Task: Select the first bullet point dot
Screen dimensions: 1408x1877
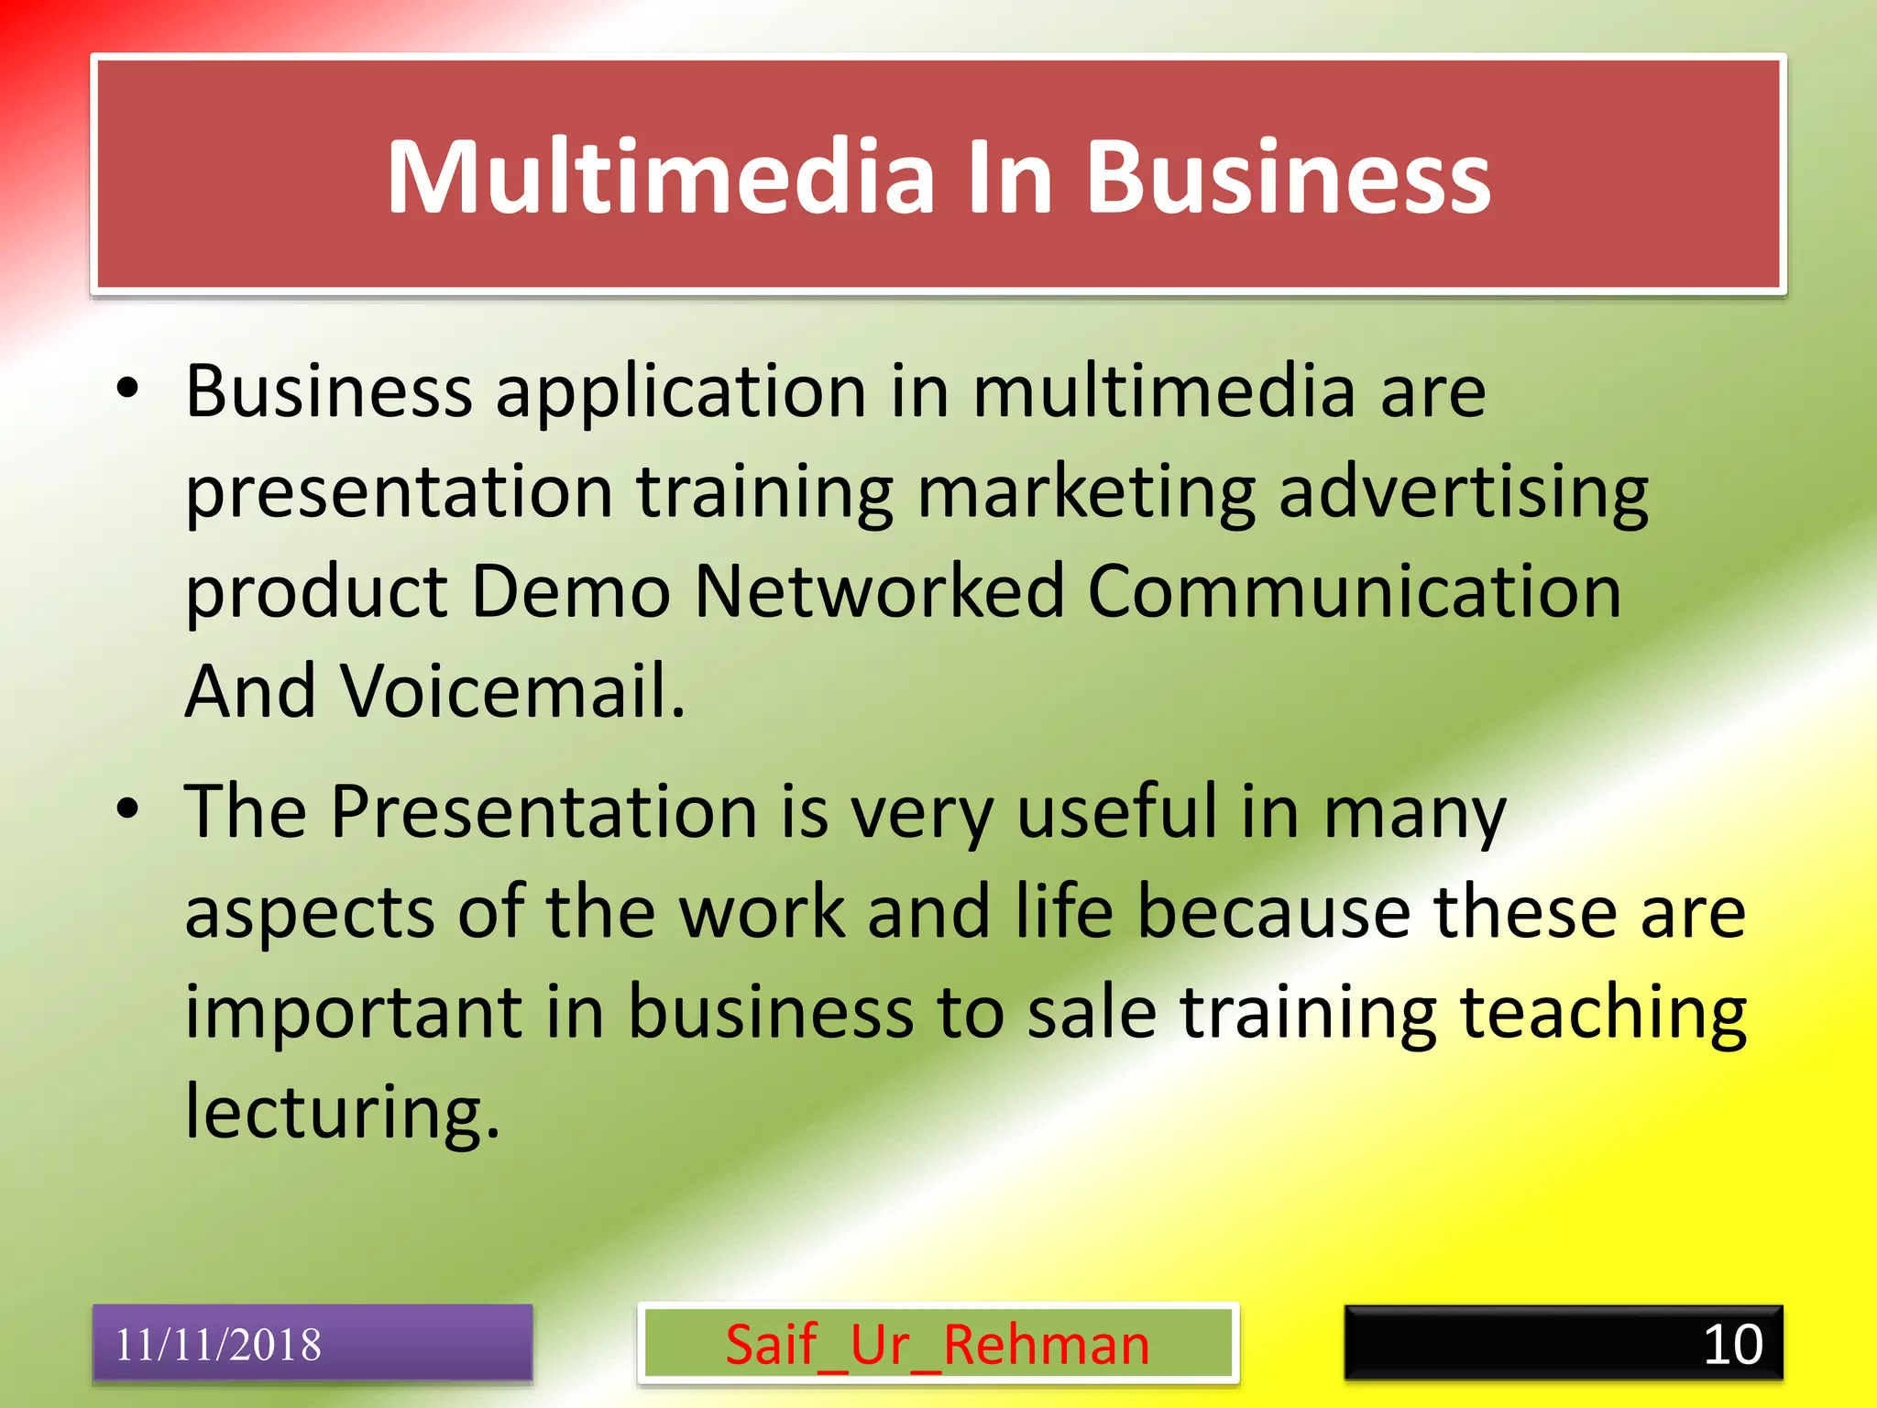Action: pos(127,389)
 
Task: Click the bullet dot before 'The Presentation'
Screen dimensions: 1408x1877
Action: pos(127,808)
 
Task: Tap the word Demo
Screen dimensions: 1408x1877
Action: pos(570,591)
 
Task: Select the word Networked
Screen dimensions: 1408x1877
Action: pos(879,591)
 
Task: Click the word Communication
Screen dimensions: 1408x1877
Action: pos(1354,591)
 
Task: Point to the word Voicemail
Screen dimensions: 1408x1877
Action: pos(513,691)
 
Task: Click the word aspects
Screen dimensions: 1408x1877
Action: pos(309,915)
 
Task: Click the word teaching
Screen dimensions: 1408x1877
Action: pos(1602,1016)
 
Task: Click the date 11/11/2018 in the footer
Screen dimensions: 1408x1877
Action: pos(218,1345)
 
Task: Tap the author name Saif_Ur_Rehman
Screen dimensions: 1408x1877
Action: pos(937,1345)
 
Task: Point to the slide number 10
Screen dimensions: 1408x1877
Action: pos(1732,1345)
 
